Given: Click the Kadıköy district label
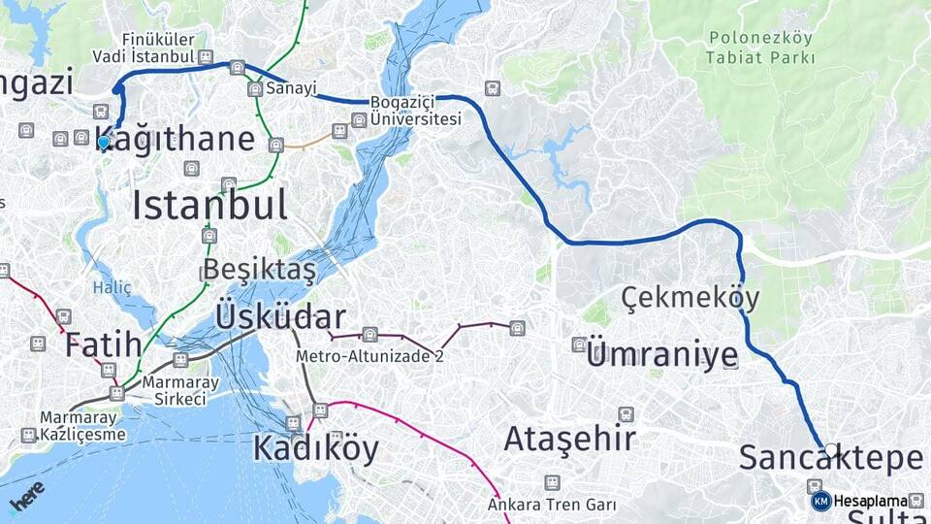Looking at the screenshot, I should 315,447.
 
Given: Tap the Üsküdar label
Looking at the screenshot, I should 280,316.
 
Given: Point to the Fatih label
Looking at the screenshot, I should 103,344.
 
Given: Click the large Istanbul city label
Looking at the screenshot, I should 209,206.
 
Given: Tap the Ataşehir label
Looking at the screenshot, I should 569,439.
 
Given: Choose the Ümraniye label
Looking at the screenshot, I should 661,355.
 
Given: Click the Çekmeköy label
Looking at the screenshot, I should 690,296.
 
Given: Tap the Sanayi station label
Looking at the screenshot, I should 291,88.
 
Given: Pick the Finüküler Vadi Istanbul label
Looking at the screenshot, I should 144,49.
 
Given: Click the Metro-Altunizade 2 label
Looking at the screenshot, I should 369,356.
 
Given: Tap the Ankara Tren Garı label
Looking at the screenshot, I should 551,505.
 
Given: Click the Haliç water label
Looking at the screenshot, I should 112,287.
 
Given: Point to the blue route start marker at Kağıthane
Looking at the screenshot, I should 104,143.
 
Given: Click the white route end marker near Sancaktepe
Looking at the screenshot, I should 831,449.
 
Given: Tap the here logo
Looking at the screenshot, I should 27,496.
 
